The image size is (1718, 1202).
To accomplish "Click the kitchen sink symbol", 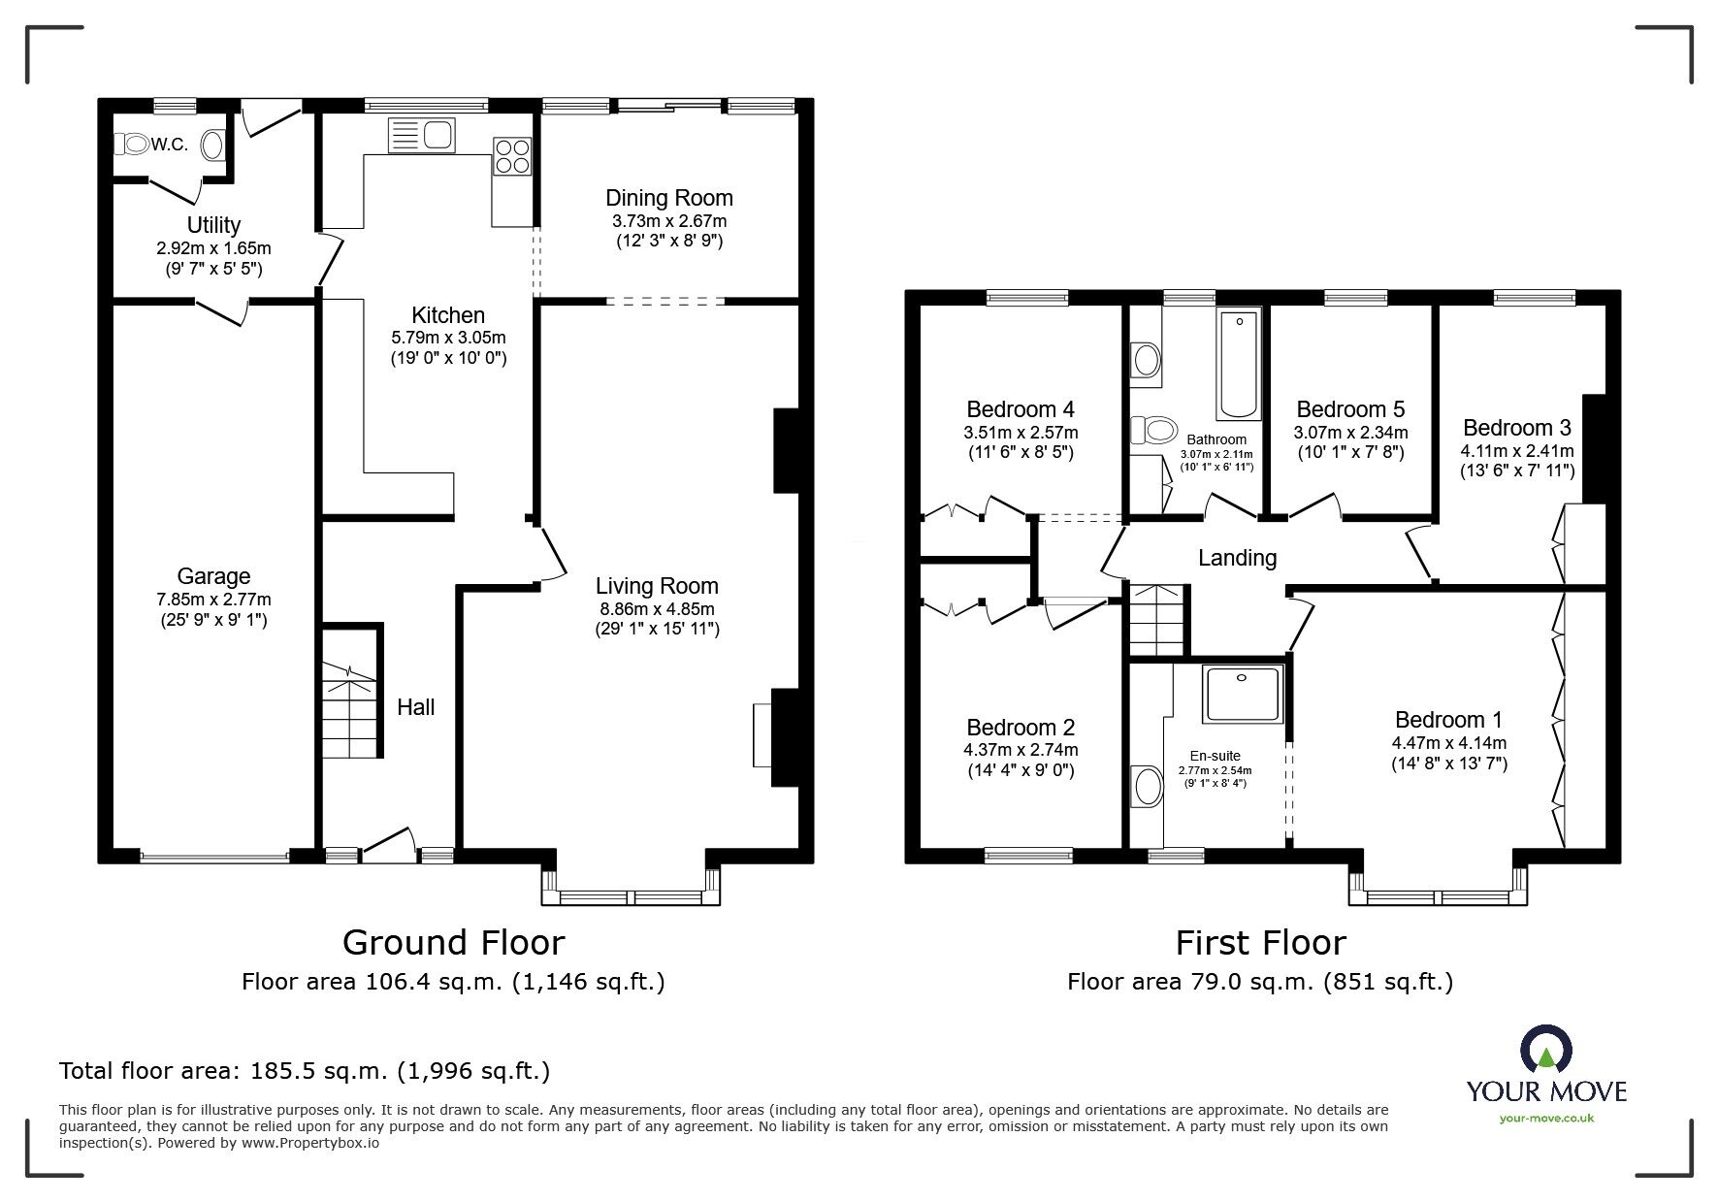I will [x=421, y=135].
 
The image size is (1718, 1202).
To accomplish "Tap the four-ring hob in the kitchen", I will [x=513, y=156].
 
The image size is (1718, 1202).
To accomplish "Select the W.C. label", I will [x=170, y=145].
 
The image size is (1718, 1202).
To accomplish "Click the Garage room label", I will [x=213, y=576].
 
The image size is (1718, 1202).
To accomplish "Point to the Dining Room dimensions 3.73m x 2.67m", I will [x=669, y=221].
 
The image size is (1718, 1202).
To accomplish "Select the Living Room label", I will [x=657, y=586].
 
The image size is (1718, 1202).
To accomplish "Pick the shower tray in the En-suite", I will [x=1243, y=694].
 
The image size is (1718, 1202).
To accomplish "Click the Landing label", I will [x=1237, y=558].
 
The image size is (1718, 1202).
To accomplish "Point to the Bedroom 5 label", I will [x=1350, y=409].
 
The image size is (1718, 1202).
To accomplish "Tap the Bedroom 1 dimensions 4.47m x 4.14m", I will [x=1449, y=743].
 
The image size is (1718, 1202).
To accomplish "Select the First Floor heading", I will [x=1260, y=942].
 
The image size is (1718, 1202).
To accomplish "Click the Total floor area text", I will [x=305, y=1071].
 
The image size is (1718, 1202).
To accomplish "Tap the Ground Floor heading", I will [x=453, y=942].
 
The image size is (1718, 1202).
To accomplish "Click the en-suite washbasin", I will [x=1148, y=787].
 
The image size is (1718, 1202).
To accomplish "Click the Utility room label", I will [x=213, y=225].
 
